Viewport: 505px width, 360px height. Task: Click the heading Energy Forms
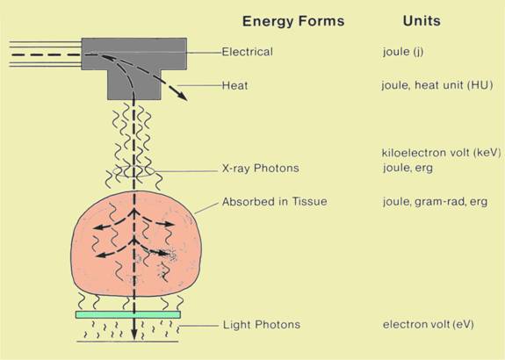point(293,21)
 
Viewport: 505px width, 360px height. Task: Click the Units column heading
point(422,21)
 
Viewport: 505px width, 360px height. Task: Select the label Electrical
point(248,52)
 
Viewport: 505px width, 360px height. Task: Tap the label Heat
point(235,86)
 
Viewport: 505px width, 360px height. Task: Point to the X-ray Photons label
point(261,168)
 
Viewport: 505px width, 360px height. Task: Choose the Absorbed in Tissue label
point(275,202)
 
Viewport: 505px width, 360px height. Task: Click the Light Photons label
point(262,325)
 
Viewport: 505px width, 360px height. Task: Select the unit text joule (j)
point(403,52)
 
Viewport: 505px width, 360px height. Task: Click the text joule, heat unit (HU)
point(437,85)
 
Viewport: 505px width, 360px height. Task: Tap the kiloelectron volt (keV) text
point(441,153)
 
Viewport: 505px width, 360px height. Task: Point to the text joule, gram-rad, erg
point(435,202)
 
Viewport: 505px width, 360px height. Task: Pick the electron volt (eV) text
point(429,324)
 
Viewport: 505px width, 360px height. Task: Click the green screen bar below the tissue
point(128,314)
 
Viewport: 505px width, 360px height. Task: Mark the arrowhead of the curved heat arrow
point(183,97)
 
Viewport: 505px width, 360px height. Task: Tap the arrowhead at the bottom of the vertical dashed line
point(134,335)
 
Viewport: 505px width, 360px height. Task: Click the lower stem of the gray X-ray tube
point(134,85)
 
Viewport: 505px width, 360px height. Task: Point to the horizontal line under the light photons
point(127,342)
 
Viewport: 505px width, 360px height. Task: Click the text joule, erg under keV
point(408,168)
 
